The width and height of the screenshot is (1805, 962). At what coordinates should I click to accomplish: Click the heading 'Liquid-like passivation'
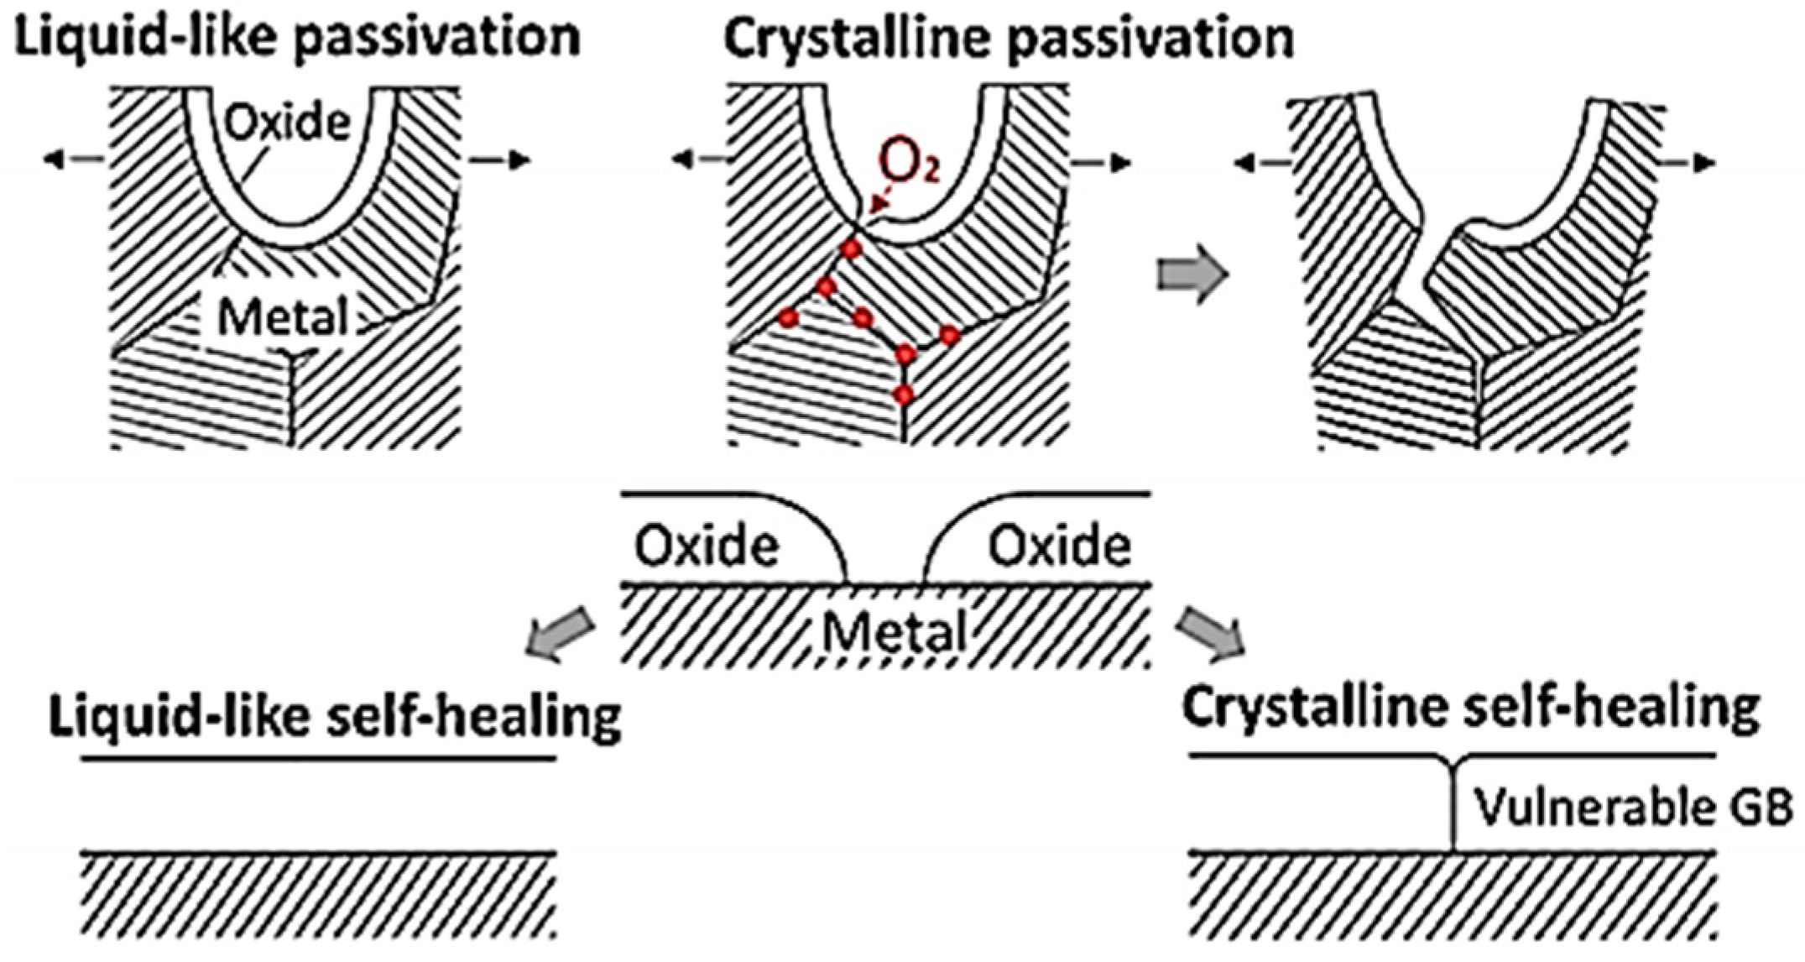[x=297, y=37]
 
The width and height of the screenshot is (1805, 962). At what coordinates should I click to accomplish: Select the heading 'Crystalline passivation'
[x=1009, y=39]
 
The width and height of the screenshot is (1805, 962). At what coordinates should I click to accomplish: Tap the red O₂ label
[x=909, y=163]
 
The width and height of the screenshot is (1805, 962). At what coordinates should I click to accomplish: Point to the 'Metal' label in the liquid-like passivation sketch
[x=283, y=318]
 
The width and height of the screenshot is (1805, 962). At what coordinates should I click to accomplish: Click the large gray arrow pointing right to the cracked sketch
[x=1192, y=274]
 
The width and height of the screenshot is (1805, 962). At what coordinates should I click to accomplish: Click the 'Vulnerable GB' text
[x=1633, y=808]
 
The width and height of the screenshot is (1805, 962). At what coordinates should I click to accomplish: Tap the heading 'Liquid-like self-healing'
[x=335, y=717]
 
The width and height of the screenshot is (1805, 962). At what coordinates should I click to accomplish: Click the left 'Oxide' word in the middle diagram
[x=706, y=546]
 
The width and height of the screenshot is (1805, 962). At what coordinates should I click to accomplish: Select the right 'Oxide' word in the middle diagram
[x=1059, y=546]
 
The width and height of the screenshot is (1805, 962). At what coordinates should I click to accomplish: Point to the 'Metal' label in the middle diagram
[x=893, y=631]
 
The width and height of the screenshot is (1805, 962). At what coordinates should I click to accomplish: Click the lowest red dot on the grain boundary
[x=903, y=395]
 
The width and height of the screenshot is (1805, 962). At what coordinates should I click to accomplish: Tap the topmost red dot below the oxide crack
[x=852, y=249]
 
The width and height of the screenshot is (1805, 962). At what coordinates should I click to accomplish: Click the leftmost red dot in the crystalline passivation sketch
[x=787, y=318]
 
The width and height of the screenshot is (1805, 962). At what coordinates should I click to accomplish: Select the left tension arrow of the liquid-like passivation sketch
[x=74, y=159]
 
